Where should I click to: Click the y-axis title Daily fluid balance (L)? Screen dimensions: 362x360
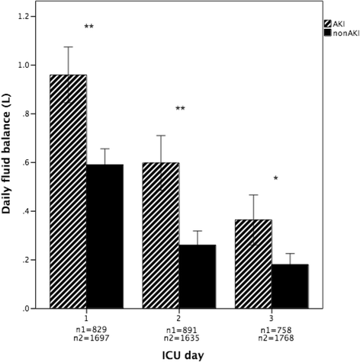(x=11, y=162)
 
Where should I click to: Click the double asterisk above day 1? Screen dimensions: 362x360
(x=89, y=27)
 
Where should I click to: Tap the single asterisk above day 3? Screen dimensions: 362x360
(x=275, y=179)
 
